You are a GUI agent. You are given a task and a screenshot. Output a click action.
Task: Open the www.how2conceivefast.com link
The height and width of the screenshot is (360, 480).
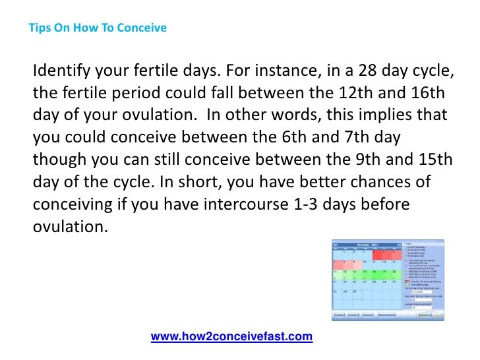coord(231,337)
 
